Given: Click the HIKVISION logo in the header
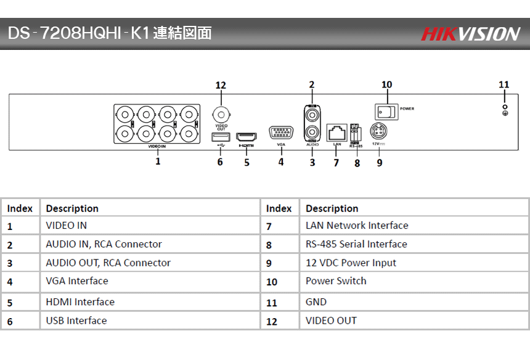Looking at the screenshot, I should tap(470, 34).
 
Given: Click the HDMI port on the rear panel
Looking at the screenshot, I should tap(247, 136).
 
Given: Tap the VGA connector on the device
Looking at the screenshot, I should tap(281, 133).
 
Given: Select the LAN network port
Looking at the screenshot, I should tap(336, 132).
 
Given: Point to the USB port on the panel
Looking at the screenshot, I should tap(221, 136).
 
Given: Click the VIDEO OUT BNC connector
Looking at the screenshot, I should tap(221, 114).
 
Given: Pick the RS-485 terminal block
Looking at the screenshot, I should tap(356, 132).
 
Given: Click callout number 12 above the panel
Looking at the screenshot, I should tap(221, 85).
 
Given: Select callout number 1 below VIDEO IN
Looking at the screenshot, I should tap(158, 162).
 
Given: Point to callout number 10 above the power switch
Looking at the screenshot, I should tap(387, 84).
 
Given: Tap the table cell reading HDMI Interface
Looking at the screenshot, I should tap(80, 302).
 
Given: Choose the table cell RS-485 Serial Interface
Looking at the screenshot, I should tap(356, 244).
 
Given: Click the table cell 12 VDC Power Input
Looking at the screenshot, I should tap(351, 263).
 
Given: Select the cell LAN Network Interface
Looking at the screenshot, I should tap(357, 226).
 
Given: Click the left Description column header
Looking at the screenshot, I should tap(72, 208).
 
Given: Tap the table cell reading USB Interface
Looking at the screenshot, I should tap(76, 321).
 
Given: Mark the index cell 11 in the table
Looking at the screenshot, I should tap(272, 303).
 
